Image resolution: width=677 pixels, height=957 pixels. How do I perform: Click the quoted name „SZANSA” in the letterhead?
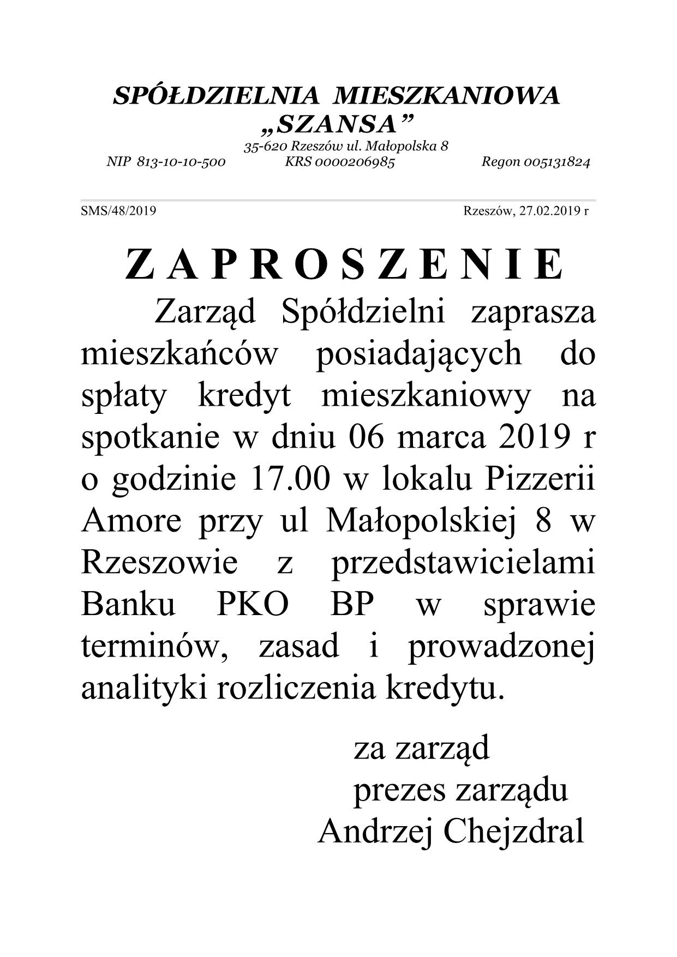point(335,125)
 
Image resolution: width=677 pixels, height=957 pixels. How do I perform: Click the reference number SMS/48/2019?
point(118,211)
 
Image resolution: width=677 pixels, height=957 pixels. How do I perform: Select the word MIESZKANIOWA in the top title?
point(447,96)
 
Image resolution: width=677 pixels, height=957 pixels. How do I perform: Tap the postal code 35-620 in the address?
point(266,146)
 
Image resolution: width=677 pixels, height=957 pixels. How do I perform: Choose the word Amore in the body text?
point(131,521)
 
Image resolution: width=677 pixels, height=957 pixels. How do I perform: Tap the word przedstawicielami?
point(463,563)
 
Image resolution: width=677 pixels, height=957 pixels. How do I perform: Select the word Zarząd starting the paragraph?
point(205,312)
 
